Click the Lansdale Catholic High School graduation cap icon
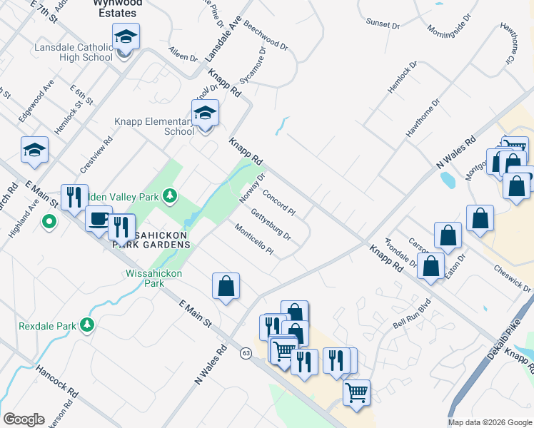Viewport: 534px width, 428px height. [x=126, y=36]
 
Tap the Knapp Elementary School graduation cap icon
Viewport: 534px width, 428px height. [x=205, y=113]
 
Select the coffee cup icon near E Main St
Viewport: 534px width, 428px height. [x=99, y=218]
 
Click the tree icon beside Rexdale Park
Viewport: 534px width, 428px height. [x=87, y=325]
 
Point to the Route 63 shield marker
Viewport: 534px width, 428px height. [x=246, y=353]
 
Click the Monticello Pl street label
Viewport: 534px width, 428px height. [x=254, y=238]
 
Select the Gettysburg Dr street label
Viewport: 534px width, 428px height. [x=271, y=224]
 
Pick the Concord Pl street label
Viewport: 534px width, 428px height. [x=278, y=203]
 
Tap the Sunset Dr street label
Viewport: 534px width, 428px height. [x=383, y=24]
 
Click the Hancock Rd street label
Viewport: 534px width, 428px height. [x=56, y=379]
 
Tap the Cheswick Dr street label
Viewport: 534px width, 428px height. [x=512, y=279]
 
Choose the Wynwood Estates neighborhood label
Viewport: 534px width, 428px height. [x=119, y=8]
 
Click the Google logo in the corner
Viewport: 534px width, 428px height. [x=24, y=419]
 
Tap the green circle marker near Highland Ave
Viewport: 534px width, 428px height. [x=49, y=223]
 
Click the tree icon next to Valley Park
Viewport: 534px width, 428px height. [x=168, y=195]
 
